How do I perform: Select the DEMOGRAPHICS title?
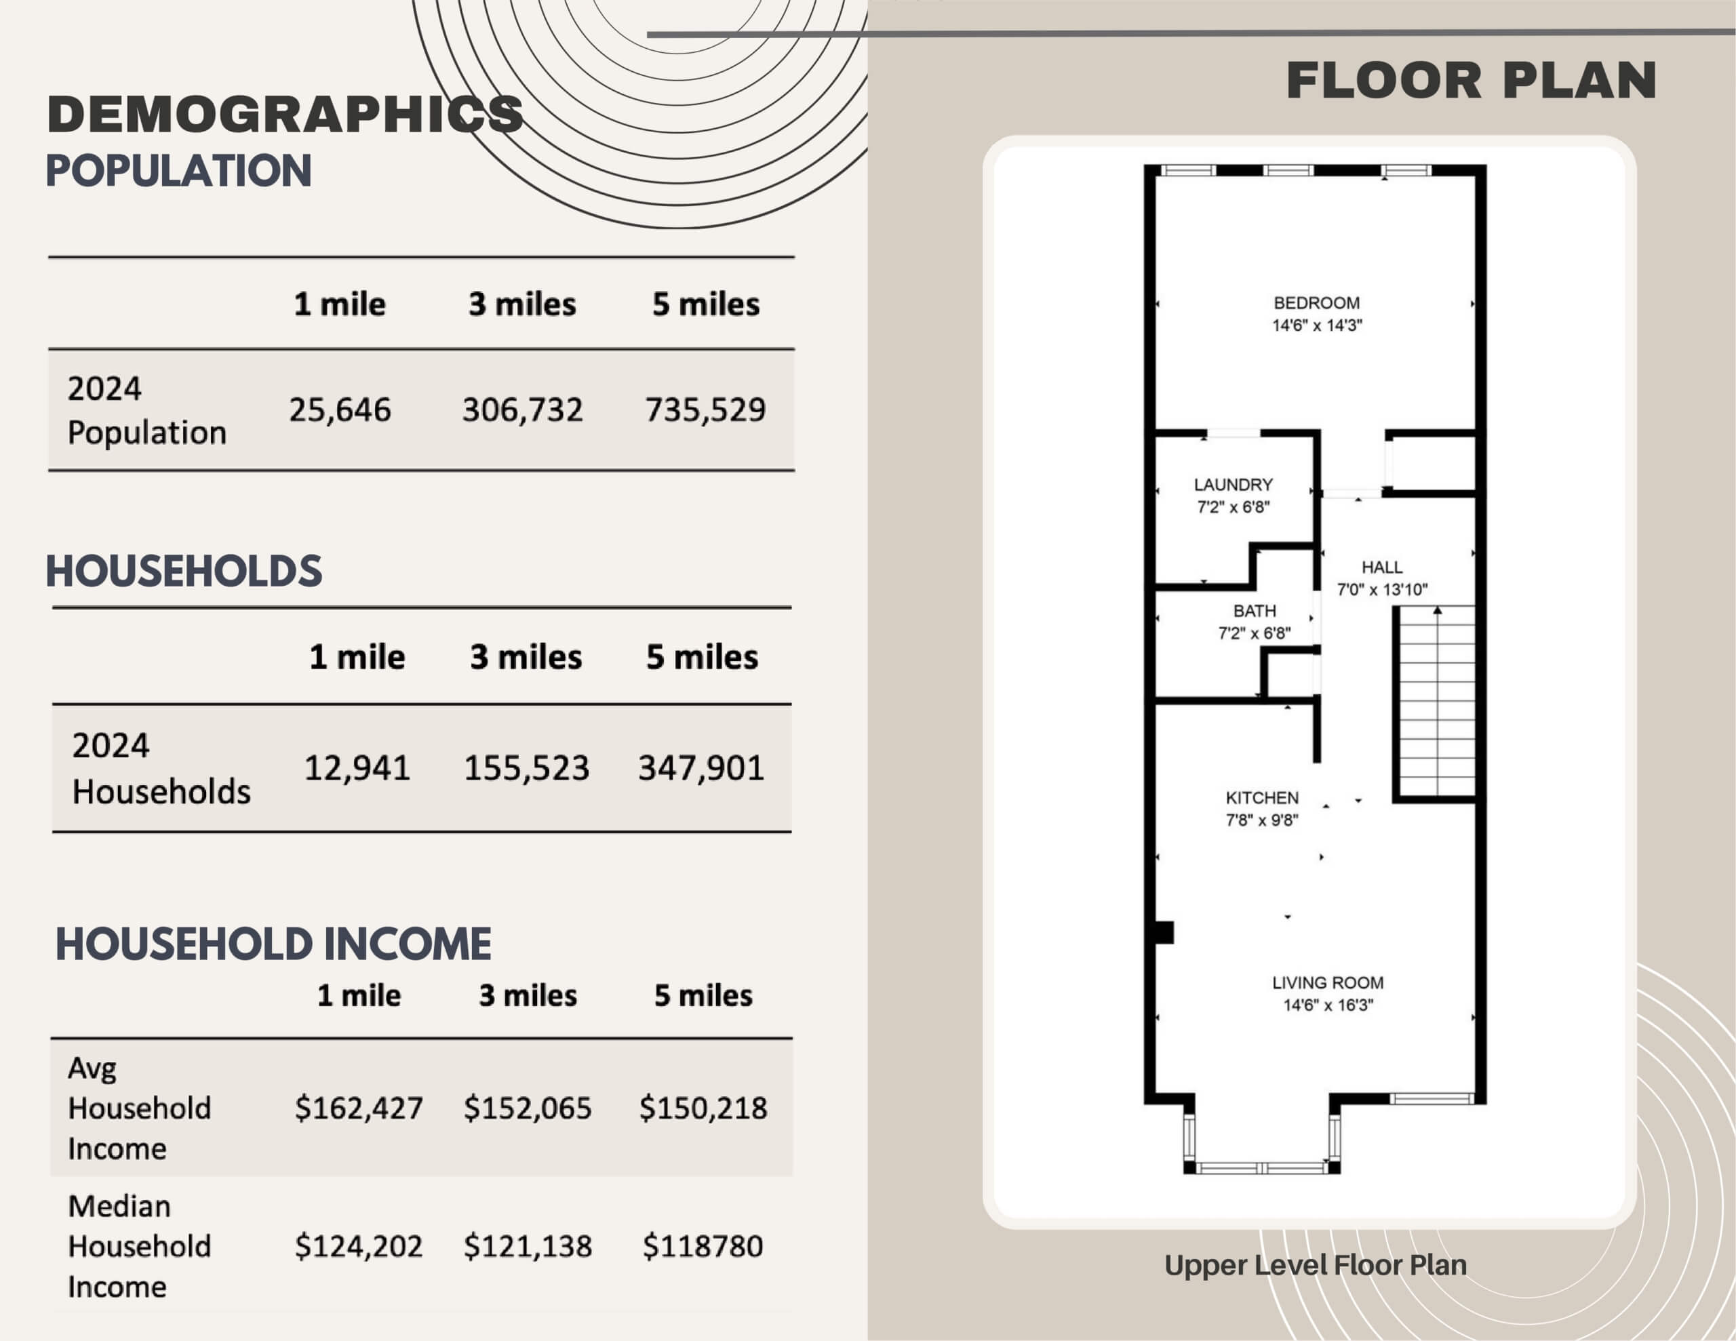click(285, 114)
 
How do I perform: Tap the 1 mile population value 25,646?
click(340, 410)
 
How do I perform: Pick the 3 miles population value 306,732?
click(522, 410)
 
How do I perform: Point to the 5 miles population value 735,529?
click(705, 410)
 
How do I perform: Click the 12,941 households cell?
click(357, 768)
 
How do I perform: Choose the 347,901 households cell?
click(701, 768)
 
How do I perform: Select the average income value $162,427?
click(359, 1108)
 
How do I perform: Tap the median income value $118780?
click(703, 1246)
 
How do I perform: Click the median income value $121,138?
click(528, 1246)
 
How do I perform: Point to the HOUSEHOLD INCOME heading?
click(273, 944)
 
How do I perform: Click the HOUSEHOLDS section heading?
click(184, 572)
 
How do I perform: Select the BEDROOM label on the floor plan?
click(1316, 303)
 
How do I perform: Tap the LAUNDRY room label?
click(1233, 485)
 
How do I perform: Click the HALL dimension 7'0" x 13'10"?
click(1382, 590)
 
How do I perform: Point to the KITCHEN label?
click(1262, 798)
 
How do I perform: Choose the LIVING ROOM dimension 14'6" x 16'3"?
click(1328, 1005)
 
